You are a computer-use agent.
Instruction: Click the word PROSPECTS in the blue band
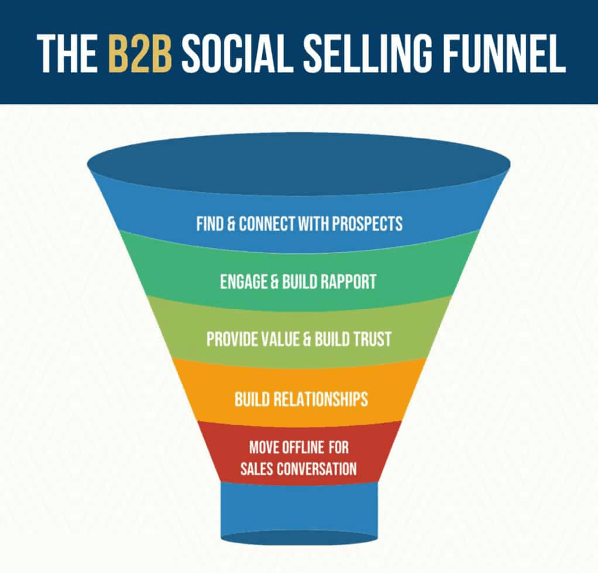[x=367, y=223]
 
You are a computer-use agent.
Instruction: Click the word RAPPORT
[x=348, y=282]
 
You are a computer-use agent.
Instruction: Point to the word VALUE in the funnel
[x=277, y=339]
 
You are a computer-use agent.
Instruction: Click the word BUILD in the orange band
[x=252, y=399]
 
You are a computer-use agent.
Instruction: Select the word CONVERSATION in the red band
[x=317, y=468]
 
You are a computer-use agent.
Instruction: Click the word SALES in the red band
[x=257, y=468]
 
